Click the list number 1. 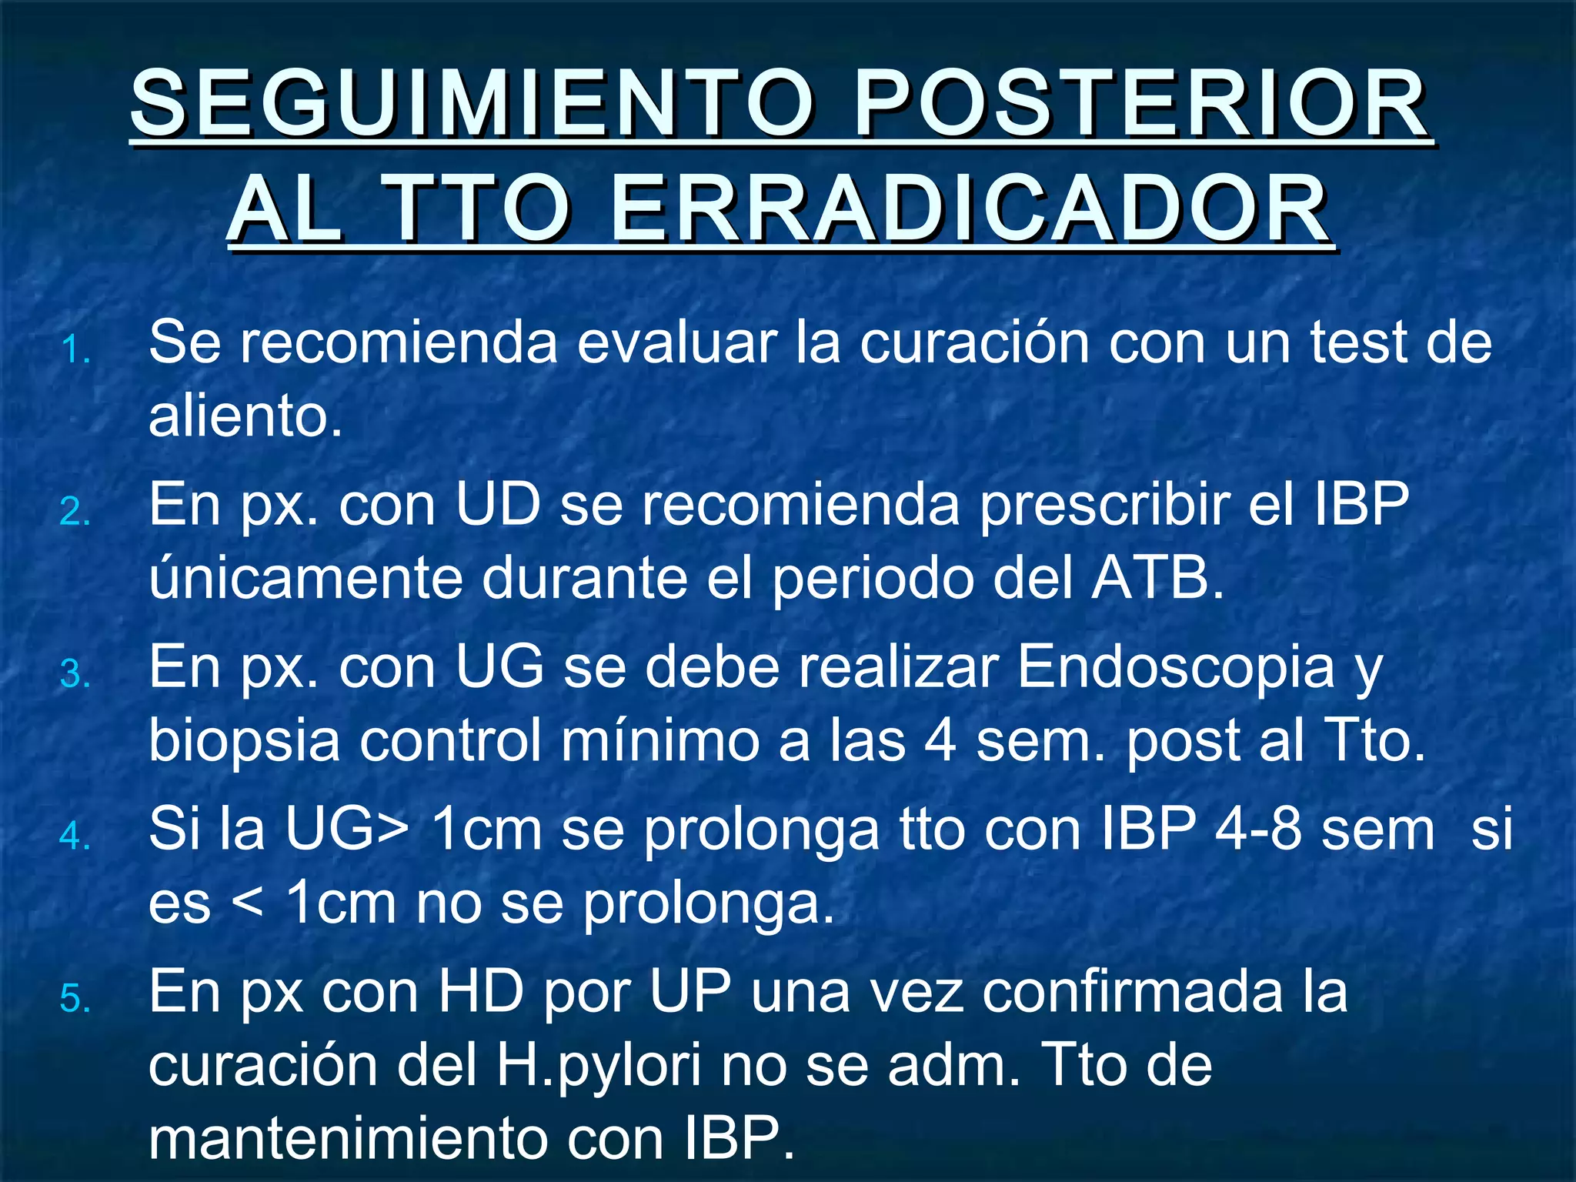75,351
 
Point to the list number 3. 75,676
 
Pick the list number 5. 75,1000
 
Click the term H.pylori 599,1066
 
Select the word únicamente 306,579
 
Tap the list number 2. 75,513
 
